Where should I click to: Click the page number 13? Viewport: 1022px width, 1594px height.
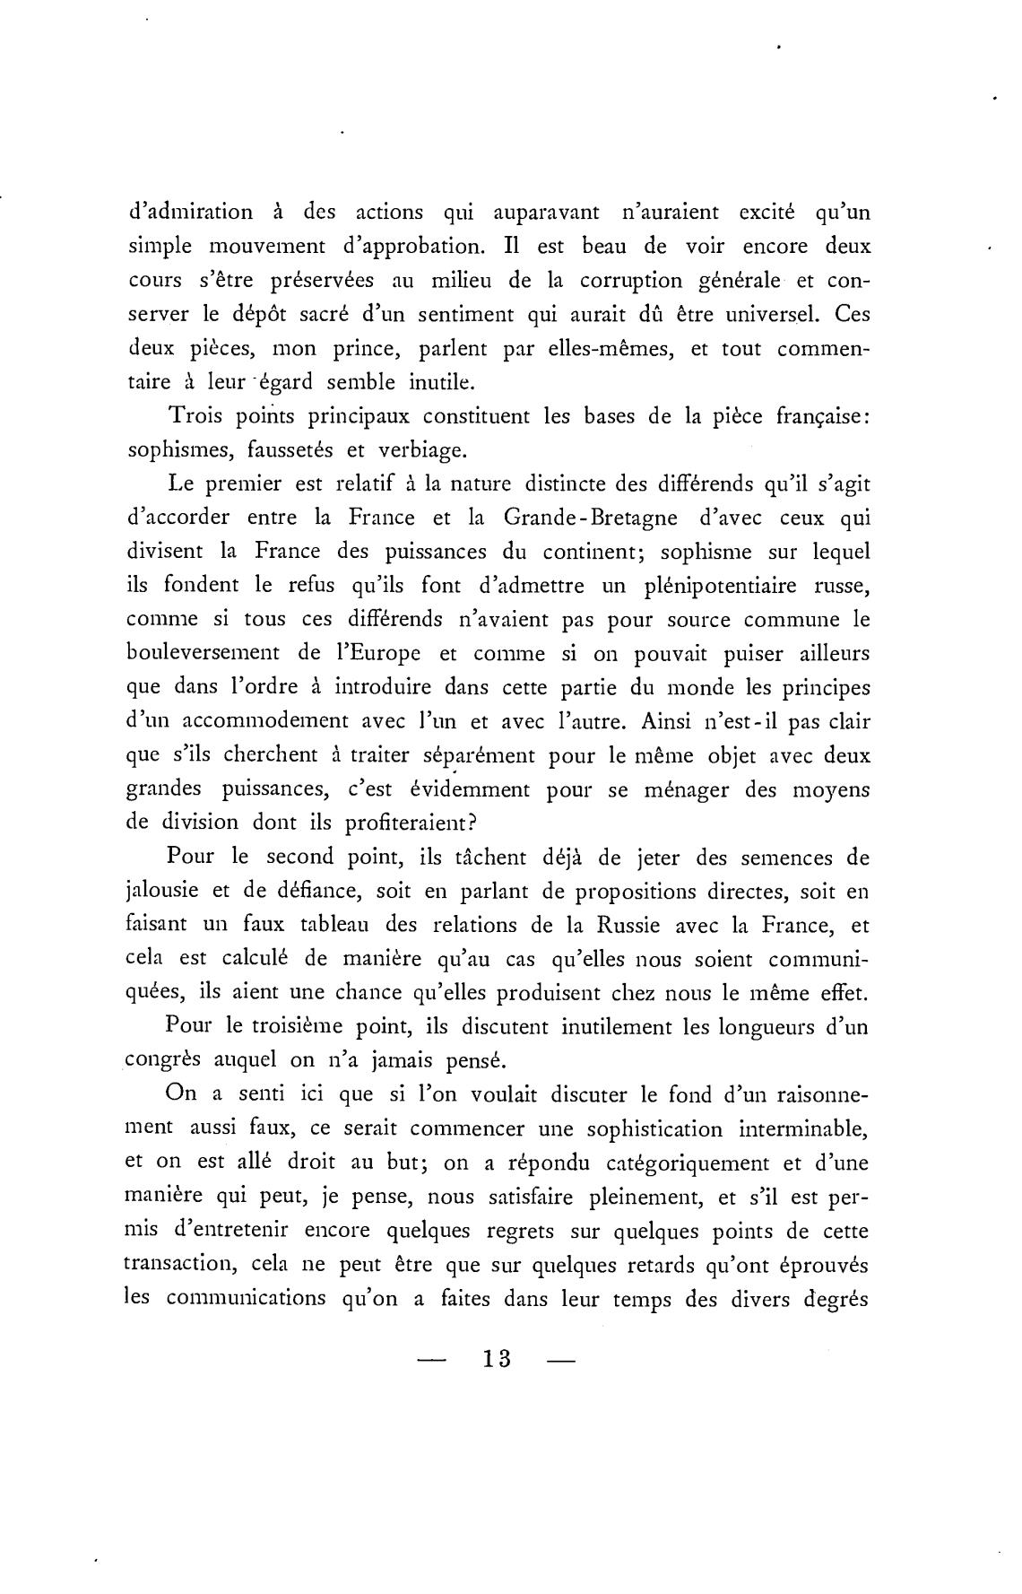point(496,1358)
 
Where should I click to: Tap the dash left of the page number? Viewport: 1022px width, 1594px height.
point(431,1360)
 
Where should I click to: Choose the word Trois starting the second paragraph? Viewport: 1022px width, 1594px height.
point(195,417)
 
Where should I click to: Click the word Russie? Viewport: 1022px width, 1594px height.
point(626,925)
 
